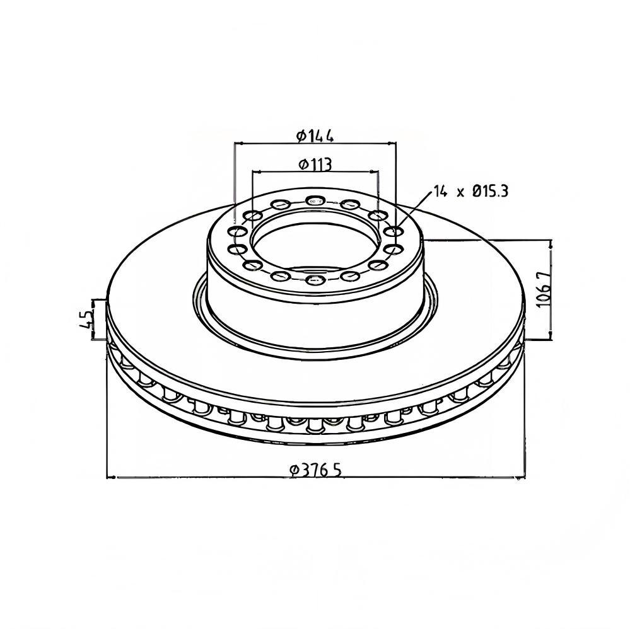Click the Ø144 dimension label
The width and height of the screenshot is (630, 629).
[x=315, y=136]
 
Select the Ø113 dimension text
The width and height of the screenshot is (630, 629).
[x=315, y=164]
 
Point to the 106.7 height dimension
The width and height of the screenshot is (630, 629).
[x=544, y=289]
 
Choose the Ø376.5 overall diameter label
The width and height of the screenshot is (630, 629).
[x=316, y=470]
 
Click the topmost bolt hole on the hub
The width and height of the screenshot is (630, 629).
[x=315, y=200]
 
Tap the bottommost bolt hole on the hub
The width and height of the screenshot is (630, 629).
[x=315, y=280]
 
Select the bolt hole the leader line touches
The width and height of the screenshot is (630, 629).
[x=394, y=232]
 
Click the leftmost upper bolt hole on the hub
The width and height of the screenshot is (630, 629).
[x=237, y=232]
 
